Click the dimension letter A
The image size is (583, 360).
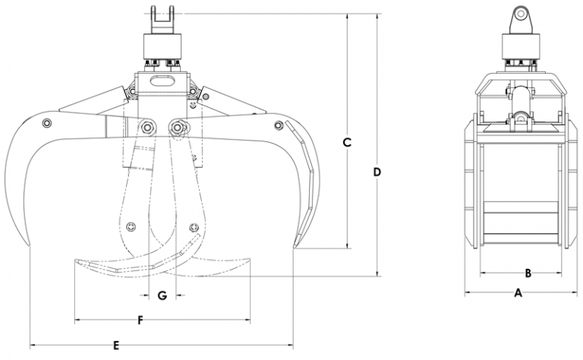518,292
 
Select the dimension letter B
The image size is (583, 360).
528,272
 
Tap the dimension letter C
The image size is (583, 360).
348,142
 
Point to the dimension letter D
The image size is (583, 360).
377,172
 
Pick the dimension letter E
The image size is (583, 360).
115,346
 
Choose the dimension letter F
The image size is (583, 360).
140,319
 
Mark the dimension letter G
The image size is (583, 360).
161,294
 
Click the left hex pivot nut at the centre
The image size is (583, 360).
145,126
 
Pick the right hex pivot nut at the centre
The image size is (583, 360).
179,126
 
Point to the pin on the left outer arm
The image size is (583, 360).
47,123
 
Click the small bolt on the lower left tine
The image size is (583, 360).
132,226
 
